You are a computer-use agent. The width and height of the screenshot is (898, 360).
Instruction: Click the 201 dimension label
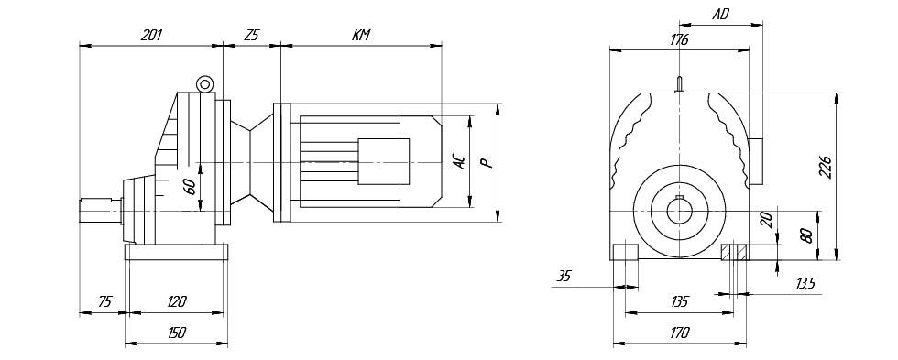click(151, 35)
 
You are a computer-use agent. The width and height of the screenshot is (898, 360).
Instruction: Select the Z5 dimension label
click(251, 35)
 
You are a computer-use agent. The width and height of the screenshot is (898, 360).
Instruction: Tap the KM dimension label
click(361, 35)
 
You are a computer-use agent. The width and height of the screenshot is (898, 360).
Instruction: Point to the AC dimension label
click(459, 162)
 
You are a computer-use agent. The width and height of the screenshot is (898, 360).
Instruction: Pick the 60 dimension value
click(191, 186)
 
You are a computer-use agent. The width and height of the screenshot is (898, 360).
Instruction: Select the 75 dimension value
click(104, 301)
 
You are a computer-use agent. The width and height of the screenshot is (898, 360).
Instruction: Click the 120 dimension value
click(176, 301)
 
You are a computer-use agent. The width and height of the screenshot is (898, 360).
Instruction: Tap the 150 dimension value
click(176, 333)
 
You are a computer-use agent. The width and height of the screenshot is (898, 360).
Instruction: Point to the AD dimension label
click(720, 15)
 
